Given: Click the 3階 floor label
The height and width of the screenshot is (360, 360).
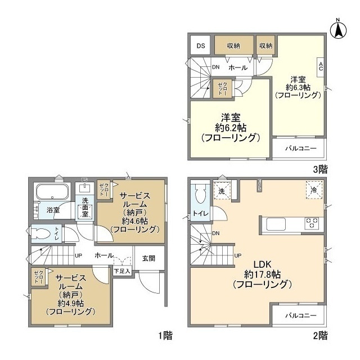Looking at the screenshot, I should pos(320,168).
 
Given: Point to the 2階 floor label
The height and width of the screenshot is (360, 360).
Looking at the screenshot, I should pos(320,336).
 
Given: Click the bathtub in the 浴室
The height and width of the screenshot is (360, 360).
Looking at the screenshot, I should pos(52,192).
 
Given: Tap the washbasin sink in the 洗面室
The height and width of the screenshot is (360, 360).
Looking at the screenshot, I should pos(84,188).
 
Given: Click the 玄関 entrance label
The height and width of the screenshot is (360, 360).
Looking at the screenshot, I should pos(148,258).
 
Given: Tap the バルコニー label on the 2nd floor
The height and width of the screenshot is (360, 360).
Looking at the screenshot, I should pos(299,316).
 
